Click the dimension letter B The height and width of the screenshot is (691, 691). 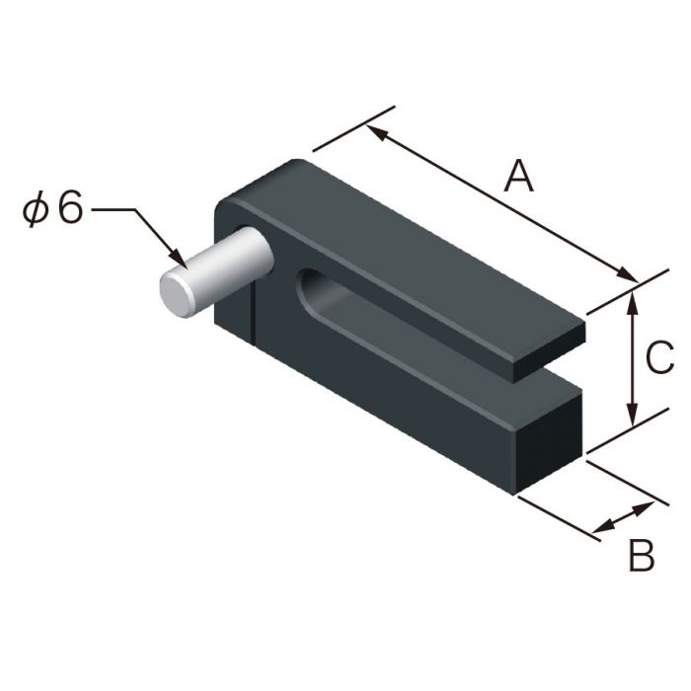tap(641, 556)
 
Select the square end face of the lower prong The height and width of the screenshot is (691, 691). tap(548, 439)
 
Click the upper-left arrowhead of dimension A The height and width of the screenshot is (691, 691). tap(373, 129)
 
